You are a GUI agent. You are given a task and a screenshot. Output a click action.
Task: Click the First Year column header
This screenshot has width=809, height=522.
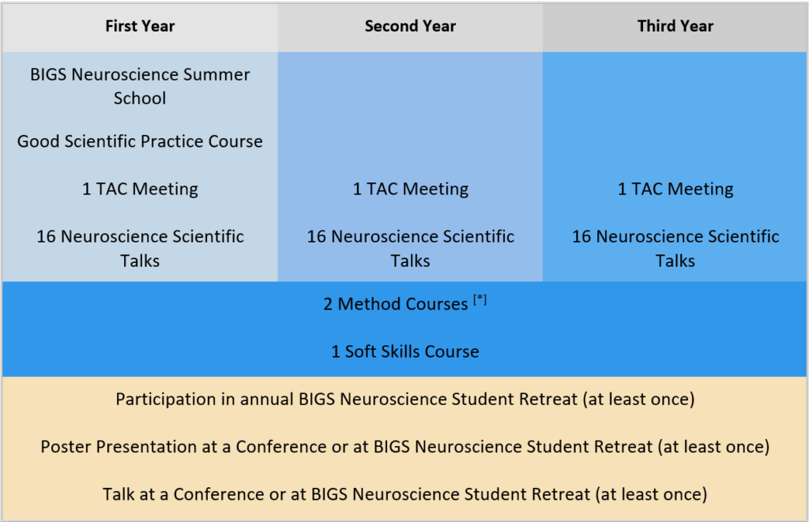tap(140, 26)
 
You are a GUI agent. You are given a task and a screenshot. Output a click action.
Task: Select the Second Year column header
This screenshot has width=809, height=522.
tap(410, 26)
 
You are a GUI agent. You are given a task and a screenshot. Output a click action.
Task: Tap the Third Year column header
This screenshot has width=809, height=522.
tap(675, 26)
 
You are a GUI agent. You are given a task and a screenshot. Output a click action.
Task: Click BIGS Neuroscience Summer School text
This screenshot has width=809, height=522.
tap(140, 86)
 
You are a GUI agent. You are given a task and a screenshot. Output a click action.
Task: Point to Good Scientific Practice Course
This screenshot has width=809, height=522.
tap(140, 141)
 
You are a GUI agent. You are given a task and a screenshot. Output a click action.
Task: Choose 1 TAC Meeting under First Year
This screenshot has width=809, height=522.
tap(140, 189)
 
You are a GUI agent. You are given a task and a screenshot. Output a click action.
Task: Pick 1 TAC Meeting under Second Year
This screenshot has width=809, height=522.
tap(410, 189)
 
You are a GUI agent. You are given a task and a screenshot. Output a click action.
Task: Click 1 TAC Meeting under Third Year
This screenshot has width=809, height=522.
tap(675, 189)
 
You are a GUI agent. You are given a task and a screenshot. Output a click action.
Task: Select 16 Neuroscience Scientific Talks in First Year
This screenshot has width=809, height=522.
tap(140, 248)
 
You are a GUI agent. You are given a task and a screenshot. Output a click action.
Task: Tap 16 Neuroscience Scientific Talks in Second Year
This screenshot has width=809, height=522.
tap(410, 248)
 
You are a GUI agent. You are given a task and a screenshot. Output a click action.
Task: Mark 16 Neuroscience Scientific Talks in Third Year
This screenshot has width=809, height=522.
tap(675, 248)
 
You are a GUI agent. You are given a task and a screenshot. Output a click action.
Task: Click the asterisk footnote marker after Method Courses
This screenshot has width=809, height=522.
tap(480, 299)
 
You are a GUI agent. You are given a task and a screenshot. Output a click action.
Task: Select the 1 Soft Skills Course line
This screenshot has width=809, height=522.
tap(405, 351)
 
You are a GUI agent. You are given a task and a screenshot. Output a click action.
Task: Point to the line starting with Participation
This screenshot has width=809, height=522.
tap(405, 400)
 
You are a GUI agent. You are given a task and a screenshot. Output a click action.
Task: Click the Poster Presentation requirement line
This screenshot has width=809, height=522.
tap(405, 447)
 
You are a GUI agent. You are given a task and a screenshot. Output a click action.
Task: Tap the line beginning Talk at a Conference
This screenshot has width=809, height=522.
tap(405, 494)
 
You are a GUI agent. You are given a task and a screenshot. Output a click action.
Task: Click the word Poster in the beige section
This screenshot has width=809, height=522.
tap(66, 447)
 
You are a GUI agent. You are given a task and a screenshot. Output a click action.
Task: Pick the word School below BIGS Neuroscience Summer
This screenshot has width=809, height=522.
tap(140, 98)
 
